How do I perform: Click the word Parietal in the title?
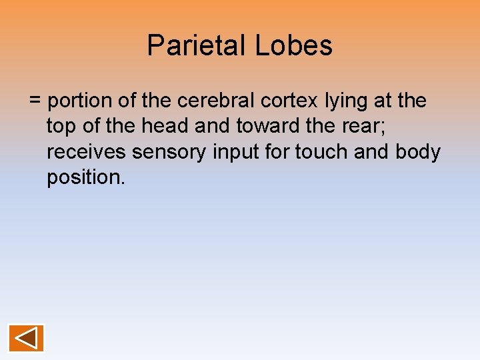pos(197,46)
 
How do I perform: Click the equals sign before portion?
pos(35,101)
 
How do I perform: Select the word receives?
pos(87,153)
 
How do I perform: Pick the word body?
pos(418,153)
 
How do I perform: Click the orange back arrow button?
pos(27,338)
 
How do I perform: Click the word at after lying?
pos(387,101)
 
